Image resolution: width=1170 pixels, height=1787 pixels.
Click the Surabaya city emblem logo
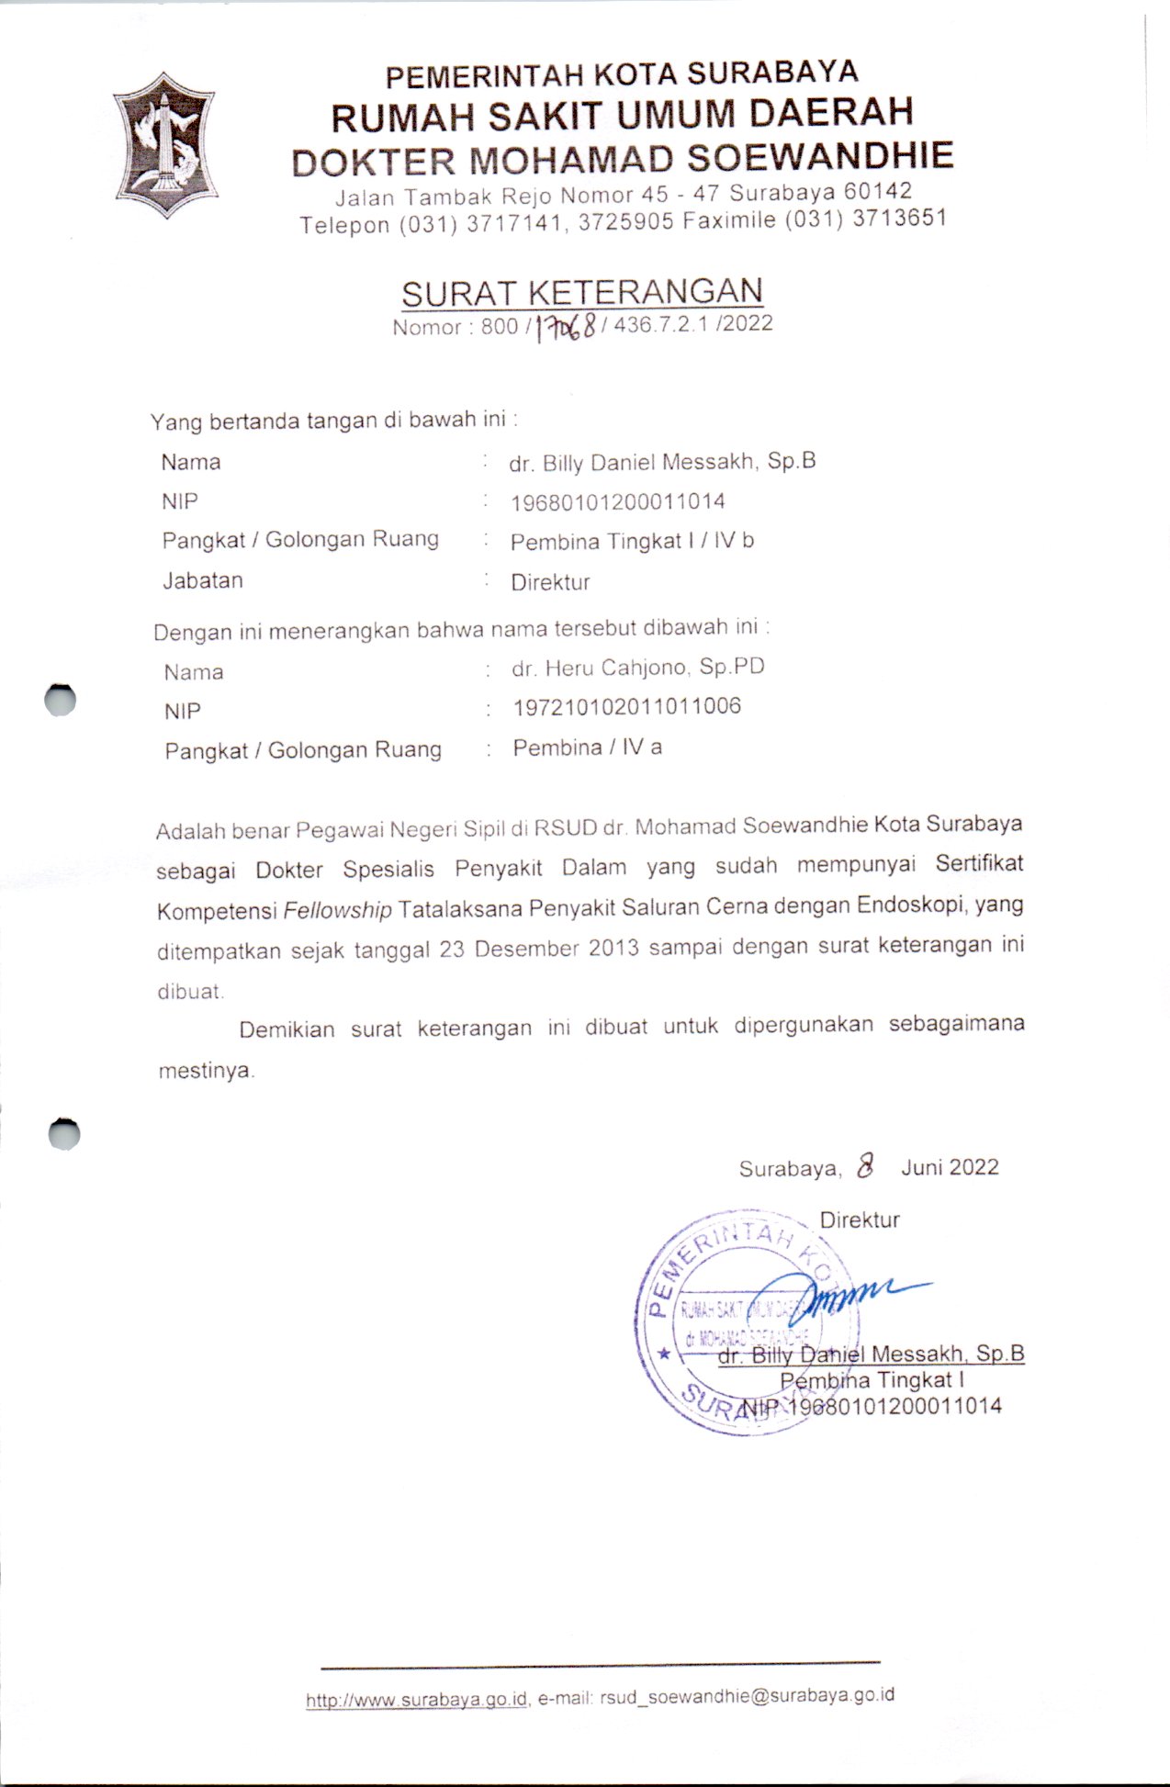(165, 144)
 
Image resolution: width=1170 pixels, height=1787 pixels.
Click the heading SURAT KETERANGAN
(581, 293)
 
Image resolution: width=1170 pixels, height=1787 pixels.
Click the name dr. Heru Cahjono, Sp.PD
(637, 668)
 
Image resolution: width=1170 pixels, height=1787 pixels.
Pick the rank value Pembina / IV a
(587, 747)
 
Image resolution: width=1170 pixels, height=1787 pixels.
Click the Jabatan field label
(203, 580)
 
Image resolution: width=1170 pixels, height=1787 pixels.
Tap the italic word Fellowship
(337, 911)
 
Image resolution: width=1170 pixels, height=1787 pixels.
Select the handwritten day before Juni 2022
(864, 1166)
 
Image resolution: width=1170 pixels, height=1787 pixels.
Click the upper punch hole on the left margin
(61, 700)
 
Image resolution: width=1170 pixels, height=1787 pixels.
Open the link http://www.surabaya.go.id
(416, 1700)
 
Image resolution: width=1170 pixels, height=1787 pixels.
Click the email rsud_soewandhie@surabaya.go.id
(747, 1696)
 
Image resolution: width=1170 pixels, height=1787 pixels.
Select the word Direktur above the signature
(859, 1219)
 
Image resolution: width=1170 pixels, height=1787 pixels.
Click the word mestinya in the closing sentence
(205, 1071)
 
